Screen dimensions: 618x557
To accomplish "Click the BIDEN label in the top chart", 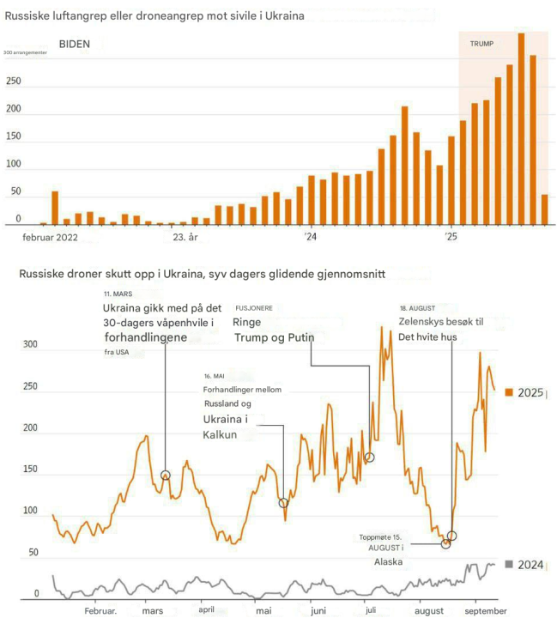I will coord(75,44).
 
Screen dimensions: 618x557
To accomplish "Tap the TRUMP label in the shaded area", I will coord(481,43).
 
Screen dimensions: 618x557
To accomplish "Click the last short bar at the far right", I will coord(544,209).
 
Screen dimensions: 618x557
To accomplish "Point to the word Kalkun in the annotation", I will coord(220,434).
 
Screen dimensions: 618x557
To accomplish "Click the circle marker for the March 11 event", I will coord(165,475).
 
